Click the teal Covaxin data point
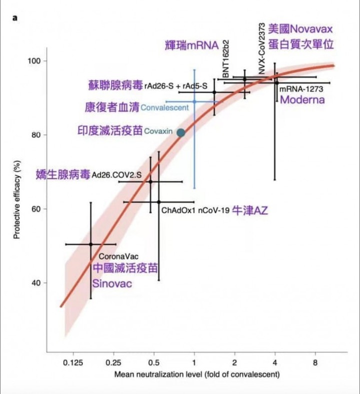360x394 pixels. [x=181, y=132]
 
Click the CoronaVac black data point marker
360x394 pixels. [x=90, y=244]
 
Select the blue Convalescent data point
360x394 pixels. [x=194, y=101]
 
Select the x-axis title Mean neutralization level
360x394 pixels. [x=197, y=374]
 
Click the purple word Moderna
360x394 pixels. [x=302, y=100]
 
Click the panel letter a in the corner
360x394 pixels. [x=15, y=17]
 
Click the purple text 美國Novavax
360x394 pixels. [x=300, y=28]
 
